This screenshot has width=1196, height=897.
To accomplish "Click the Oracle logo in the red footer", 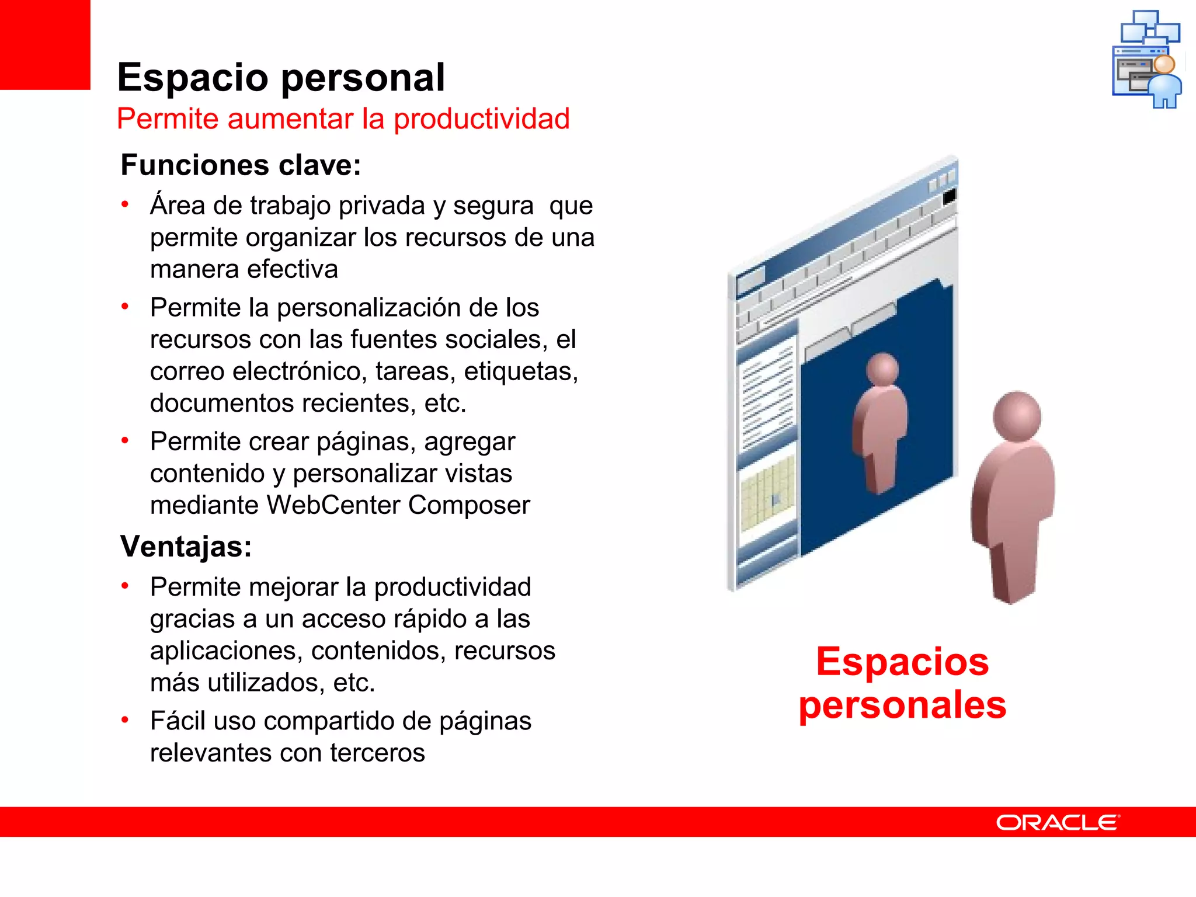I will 1058,822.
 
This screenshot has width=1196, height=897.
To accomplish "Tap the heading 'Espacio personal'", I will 281,78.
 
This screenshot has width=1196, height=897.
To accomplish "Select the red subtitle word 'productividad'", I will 481,119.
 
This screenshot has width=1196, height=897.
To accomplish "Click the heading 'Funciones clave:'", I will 241,165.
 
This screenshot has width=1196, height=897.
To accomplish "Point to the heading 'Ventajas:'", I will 186,547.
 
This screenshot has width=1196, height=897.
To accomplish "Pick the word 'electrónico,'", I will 298,371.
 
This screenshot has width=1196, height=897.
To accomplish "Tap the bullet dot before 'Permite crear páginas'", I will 125,440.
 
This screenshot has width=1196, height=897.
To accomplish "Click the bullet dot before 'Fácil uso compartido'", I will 125,720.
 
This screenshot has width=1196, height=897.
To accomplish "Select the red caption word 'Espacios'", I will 902,662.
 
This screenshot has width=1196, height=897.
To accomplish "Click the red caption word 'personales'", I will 902,705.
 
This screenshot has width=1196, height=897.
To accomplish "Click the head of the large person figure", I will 1017,417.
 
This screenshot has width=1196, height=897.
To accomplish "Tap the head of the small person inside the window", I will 882,370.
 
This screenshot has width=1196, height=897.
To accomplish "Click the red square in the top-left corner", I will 45,44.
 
